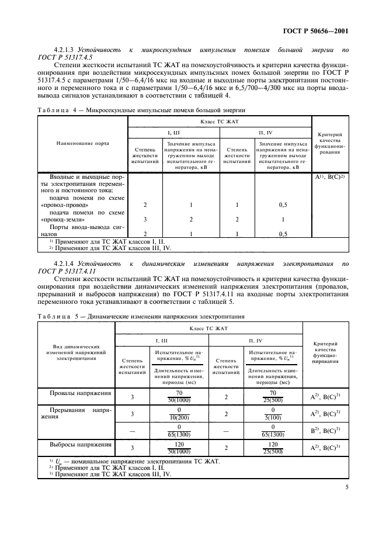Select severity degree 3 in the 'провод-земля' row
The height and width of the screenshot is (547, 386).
point(144,219)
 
